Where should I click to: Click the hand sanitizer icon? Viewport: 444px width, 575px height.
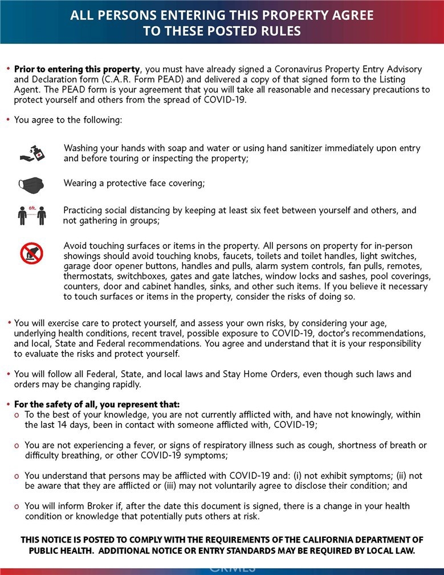pyautogui.click(x=32, y=153)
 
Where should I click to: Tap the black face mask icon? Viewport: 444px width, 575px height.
pyautogui.click(x=32, y=184)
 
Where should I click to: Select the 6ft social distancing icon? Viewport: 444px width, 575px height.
pyautogui.click(x=32, y=216)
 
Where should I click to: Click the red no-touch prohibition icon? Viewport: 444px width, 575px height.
pyautogui.click(x=32, y=253)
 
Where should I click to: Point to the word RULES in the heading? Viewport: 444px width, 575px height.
pyautogui.click(x=280, y=31)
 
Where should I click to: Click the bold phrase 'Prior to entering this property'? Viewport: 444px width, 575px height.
pyautogui.click(x=76, y=68)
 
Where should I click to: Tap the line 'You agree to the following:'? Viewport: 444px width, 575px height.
pyautogui.click(x=68, y=120)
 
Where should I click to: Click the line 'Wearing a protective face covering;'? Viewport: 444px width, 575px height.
pyautogui.click(x=134, y=183)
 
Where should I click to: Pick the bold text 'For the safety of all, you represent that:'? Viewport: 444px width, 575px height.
pyautogui.click(x=97, y=404)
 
